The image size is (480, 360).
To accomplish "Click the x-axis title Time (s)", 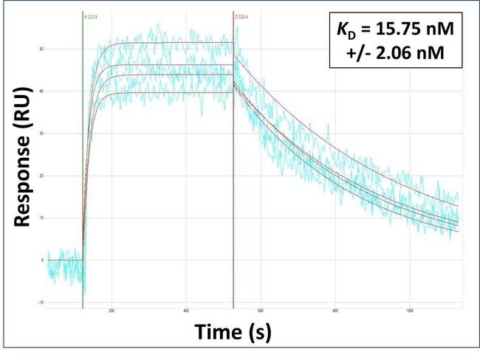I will click(233, 333).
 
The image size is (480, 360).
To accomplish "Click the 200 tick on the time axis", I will click(112, 311).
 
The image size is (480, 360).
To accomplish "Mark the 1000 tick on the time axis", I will click(410, 311).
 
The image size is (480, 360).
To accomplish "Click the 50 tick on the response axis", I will click(41, 49).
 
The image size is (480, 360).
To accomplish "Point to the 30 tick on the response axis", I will click(41, 134).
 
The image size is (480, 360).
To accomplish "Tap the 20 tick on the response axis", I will click(41, 176).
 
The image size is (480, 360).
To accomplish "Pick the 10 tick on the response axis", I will click(41, 218).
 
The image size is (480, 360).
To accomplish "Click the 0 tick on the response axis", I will click(43, 260).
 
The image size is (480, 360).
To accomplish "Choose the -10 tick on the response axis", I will click(41, 302).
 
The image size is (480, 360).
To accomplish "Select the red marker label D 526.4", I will click(242, 15).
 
